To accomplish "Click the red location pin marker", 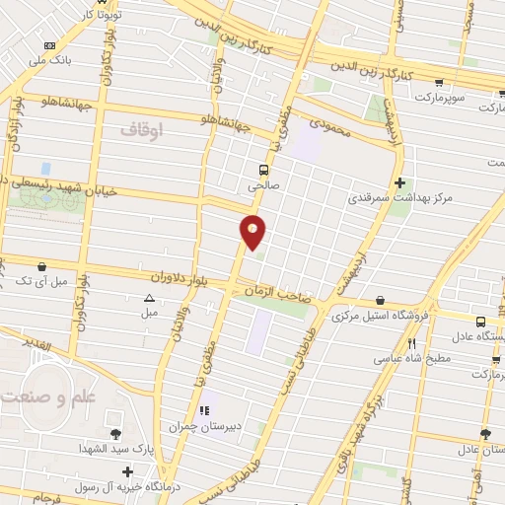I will click(253, 231).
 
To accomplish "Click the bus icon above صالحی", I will click(262, 169).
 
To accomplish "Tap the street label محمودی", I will click(331, 124).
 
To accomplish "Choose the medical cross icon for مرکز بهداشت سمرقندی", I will click(399, 182).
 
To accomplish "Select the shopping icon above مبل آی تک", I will click(41, 266).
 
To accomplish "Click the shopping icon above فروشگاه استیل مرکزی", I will click(381, 301).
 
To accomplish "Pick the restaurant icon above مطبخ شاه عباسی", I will click(411, 342).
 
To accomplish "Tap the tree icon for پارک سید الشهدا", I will click(116, 434).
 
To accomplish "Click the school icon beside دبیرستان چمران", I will click(205, 410).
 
